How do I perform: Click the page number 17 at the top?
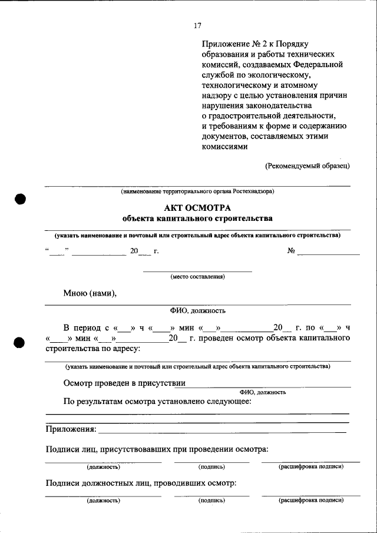coord(198,25)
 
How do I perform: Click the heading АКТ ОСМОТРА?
coord(197,208)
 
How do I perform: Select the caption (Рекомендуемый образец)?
coord(307,165)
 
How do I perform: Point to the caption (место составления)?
coord(197,276)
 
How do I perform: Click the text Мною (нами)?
coord(90,293)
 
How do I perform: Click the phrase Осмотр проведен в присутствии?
coord(124,383)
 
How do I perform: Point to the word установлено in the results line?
coord(175,402)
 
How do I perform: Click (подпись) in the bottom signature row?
coord(211,501)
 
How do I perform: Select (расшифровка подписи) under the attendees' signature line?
coord(310,466)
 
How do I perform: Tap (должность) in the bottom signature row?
coord(104,501)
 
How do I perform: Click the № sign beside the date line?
coord(290,251)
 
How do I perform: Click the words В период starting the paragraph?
coord(83,327)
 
